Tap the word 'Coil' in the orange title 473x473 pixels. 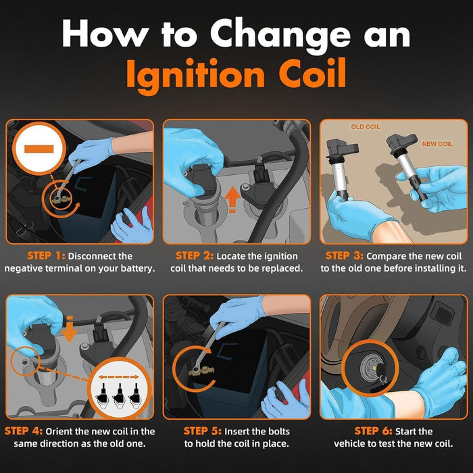tap(312, 73)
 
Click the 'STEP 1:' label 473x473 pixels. tap(46, 256)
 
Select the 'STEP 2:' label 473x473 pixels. tap(195, 256)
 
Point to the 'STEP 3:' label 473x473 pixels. tap(345, 256)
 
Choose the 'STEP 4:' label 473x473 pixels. tap(24, 431)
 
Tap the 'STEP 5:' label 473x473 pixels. tap(203, 431)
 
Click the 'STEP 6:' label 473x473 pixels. tap(374, 431)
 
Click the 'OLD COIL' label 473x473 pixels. tap(366, 127)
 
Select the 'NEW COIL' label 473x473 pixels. tap(437, 144)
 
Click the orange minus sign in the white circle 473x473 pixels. tap(39, 149)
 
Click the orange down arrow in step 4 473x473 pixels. tap(70, 329)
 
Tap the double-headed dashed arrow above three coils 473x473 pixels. tap(118, 377)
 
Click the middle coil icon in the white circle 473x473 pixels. tap(119, 395)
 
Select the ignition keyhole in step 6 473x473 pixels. tap(371, 367)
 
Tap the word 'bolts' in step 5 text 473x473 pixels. tap(277, 431)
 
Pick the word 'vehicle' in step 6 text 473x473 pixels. tap(349, 443)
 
